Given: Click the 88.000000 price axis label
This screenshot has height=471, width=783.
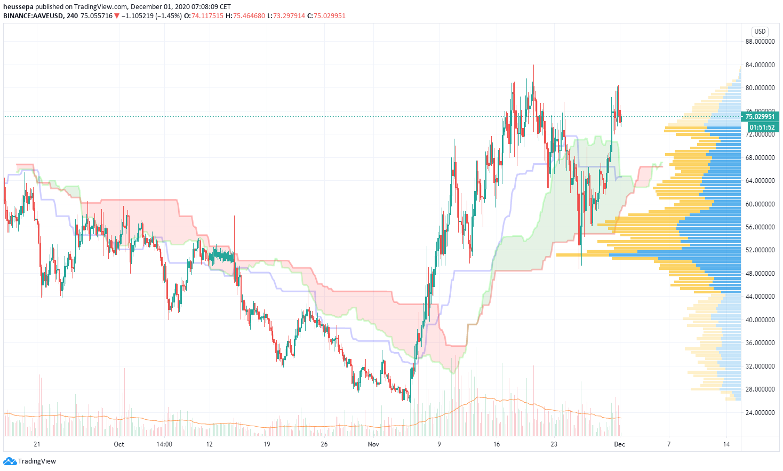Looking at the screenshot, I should click(x=760, y=42).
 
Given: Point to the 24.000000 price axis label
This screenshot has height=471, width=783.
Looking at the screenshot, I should click(x=760, y=412).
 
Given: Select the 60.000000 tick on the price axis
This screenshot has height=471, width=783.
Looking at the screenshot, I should click(x=760, y=204).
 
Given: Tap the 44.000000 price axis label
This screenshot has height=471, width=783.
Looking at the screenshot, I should click(x=760, y=297).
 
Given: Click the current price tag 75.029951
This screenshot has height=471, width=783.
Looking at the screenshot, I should click(x=760, y=117).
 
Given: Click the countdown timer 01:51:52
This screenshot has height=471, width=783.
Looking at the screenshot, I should click(x=762, y=127).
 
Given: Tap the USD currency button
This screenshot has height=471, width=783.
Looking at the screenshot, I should click(x=760, y=31).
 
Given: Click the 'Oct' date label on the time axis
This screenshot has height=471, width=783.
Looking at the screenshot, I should click(x=119, y=444).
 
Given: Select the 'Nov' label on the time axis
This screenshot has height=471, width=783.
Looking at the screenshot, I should click(x=373, y=444).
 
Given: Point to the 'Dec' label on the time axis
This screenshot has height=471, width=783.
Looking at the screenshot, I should click(x=619, y=444).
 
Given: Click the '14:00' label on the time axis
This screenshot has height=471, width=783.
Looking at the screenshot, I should click(x=164, y=444).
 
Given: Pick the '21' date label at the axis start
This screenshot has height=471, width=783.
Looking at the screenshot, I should click(x=37, y=444).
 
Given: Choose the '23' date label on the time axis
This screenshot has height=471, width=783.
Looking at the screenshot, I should click(x=554, y=444).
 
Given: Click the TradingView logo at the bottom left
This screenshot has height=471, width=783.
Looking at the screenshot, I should click(x=30, y=461).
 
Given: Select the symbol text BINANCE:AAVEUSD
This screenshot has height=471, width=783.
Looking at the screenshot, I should click(x=33, y=16).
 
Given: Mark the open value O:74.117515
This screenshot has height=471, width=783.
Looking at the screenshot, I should click(x=203, y=16).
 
